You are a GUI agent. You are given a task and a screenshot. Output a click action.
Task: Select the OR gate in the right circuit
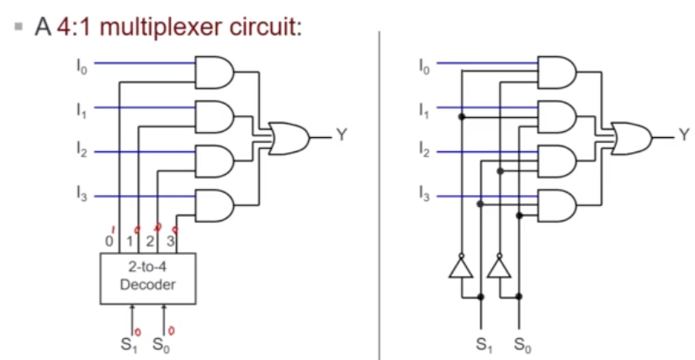[632, 135]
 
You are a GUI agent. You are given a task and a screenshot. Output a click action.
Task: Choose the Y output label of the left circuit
[341, 135]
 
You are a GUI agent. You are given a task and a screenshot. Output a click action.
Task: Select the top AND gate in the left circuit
[215, 72]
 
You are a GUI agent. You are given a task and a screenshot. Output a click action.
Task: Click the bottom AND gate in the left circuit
[215, 204]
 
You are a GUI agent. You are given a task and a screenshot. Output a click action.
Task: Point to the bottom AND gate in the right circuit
[556, 204]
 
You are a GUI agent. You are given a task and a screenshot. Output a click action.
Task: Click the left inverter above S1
[460, 268]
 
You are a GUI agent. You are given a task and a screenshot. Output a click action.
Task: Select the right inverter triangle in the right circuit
[499, 268]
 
